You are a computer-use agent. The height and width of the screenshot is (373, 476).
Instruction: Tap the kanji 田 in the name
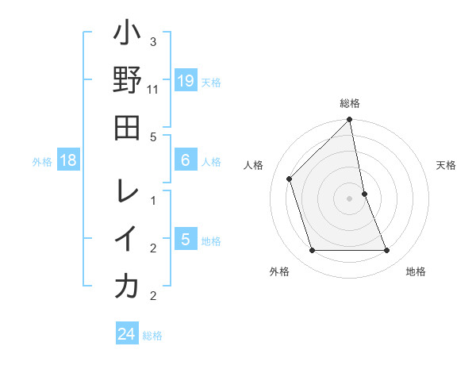click(x=127, y=128)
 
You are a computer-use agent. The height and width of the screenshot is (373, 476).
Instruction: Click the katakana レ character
click(x=127, y=191)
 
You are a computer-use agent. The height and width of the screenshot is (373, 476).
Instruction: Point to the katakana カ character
click(x=127, y=286)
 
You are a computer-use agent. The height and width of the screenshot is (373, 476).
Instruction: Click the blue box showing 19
click(x=186, y=81)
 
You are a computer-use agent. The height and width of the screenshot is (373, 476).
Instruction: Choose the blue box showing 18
click(x=68, y=161)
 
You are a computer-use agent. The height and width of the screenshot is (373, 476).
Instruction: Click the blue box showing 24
click(x=127, y=334)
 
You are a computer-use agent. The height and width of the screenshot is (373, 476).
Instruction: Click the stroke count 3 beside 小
click(x=153, y=41)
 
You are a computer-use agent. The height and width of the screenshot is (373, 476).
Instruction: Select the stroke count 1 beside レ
click(x=153, y=200)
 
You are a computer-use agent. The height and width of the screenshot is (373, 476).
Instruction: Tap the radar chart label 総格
click(x=350, y=103)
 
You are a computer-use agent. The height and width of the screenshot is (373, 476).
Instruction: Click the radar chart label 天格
click(x=447, y=165)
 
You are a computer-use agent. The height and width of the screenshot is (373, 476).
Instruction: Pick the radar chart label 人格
click(x=254, y=165)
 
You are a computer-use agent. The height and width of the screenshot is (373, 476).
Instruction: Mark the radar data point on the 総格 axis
click(x=350, y=120)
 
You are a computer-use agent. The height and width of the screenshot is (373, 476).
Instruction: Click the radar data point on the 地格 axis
click(x=387, y=251)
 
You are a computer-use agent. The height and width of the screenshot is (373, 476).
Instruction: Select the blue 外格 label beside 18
click(x=42, y=162)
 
